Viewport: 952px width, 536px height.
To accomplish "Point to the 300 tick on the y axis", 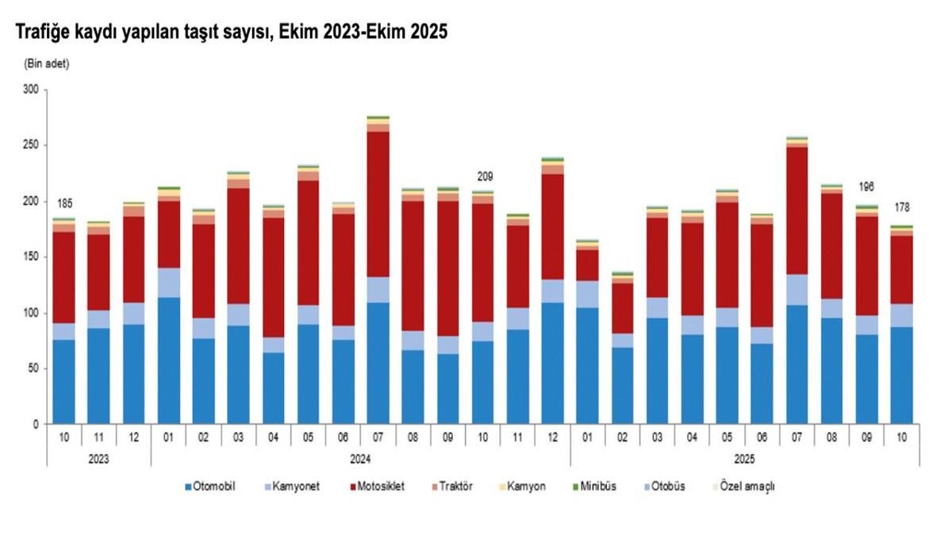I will [31, 91].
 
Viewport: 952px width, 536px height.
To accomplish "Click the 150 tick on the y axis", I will [31, 258].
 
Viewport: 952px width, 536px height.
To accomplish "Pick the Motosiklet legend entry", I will [376, 486].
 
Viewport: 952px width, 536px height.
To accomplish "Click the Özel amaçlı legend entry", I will [747, 486].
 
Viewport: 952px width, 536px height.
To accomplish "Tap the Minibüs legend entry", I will [599, 486].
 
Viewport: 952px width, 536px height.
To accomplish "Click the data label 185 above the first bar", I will [64, 204].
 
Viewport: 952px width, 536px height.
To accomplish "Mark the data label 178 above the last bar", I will [901, 208].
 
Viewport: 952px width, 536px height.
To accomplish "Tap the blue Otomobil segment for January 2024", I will [169, 361].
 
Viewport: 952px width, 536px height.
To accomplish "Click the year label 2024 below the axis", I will [360, 459].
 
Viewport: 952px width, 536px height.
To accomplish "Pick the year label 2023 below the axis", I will [99, 459].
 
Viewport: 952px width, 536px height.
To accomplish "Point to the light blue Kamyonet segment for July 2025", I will [797, 290].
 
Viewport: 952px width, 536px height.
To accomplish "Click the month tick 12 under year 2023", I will [134, 437].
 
